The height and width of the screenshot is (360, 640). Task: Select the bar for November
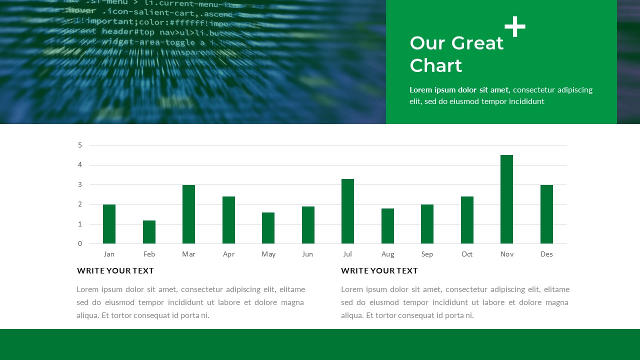(x=506, y=199)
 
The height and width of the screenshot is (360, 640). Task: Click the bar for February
(x=149, y=232)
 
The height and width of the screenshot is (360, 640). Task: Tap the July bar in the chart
(x=347, y=211)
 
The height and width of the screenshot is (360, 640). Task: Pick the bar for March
(x=188, y=214)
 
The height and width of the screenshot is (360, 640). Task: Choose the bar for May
(x=268, y=228)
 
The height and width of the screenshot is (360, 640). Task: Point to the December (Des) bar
(x=546, y=214)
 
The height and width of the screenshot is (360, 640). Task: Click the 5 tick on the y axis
(x=80, y=145)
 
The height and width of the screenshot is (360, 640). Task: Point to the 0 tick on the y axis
(x=80, y=244)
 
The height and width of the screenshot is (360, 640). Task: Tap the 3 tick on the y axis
(x=80, y=185)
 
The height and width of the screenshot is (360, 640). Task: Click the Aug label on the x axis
(x=387, y=254)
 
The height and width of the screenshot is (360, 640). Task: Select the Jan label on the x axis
(x=109, y=254)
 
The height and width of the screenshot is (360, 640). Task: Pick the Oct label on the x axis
(x=467, y=254)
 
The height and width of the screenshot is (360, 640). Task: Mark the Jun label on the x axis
(x=307, y=254)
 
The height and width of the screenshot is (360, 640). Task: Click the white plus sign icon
(x=515, y=26)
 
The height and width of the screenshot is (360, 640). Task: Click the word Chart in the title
(x=435, y=65)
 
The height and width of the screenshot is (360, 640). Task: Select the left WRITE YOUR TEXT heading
(x=115, y=271)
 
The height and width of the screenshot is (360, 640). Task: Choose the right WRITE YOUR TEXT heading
(x=379, y=271)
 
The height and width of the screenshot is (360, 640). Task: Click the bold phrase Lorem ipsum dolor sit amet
(x=459, y=90)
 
